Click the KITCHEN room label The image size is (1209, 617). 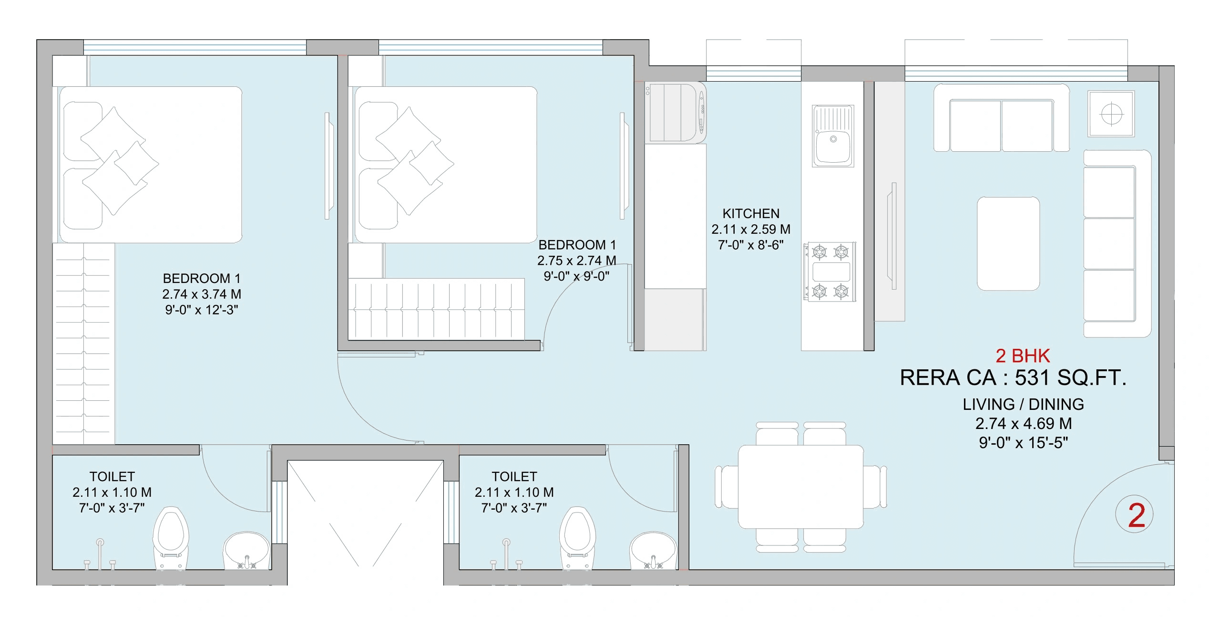tap(751, 213)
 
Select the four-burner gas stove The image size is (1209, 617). tap(830, 272)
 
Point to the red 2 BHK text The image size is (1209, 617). tap(1023, 356)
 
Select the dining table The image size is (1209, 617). tap(800, 487)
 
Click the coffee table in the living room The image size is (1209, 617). tap(1008, 243)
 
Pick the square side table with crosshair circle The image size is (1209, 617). tap(1111, 114)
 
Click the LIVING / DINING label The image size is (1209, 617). tap(1023, 404)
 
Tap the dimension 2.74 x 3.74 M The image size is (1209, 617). tap(202, 294)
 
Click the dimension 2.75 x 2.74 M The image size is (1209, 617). tap(576, 261)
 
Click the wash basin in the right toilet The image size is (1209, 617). tap(653, 551)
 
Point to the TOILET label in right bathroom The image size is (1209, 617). tap(514, 476)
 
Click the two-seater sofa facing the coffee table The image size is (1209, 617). tap(1001, 119)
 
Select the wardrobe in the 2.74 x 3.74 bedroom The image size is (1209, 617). tap(83, 344)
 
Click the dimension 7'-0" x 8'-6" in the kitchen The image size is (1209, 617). tap(751, 245)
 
